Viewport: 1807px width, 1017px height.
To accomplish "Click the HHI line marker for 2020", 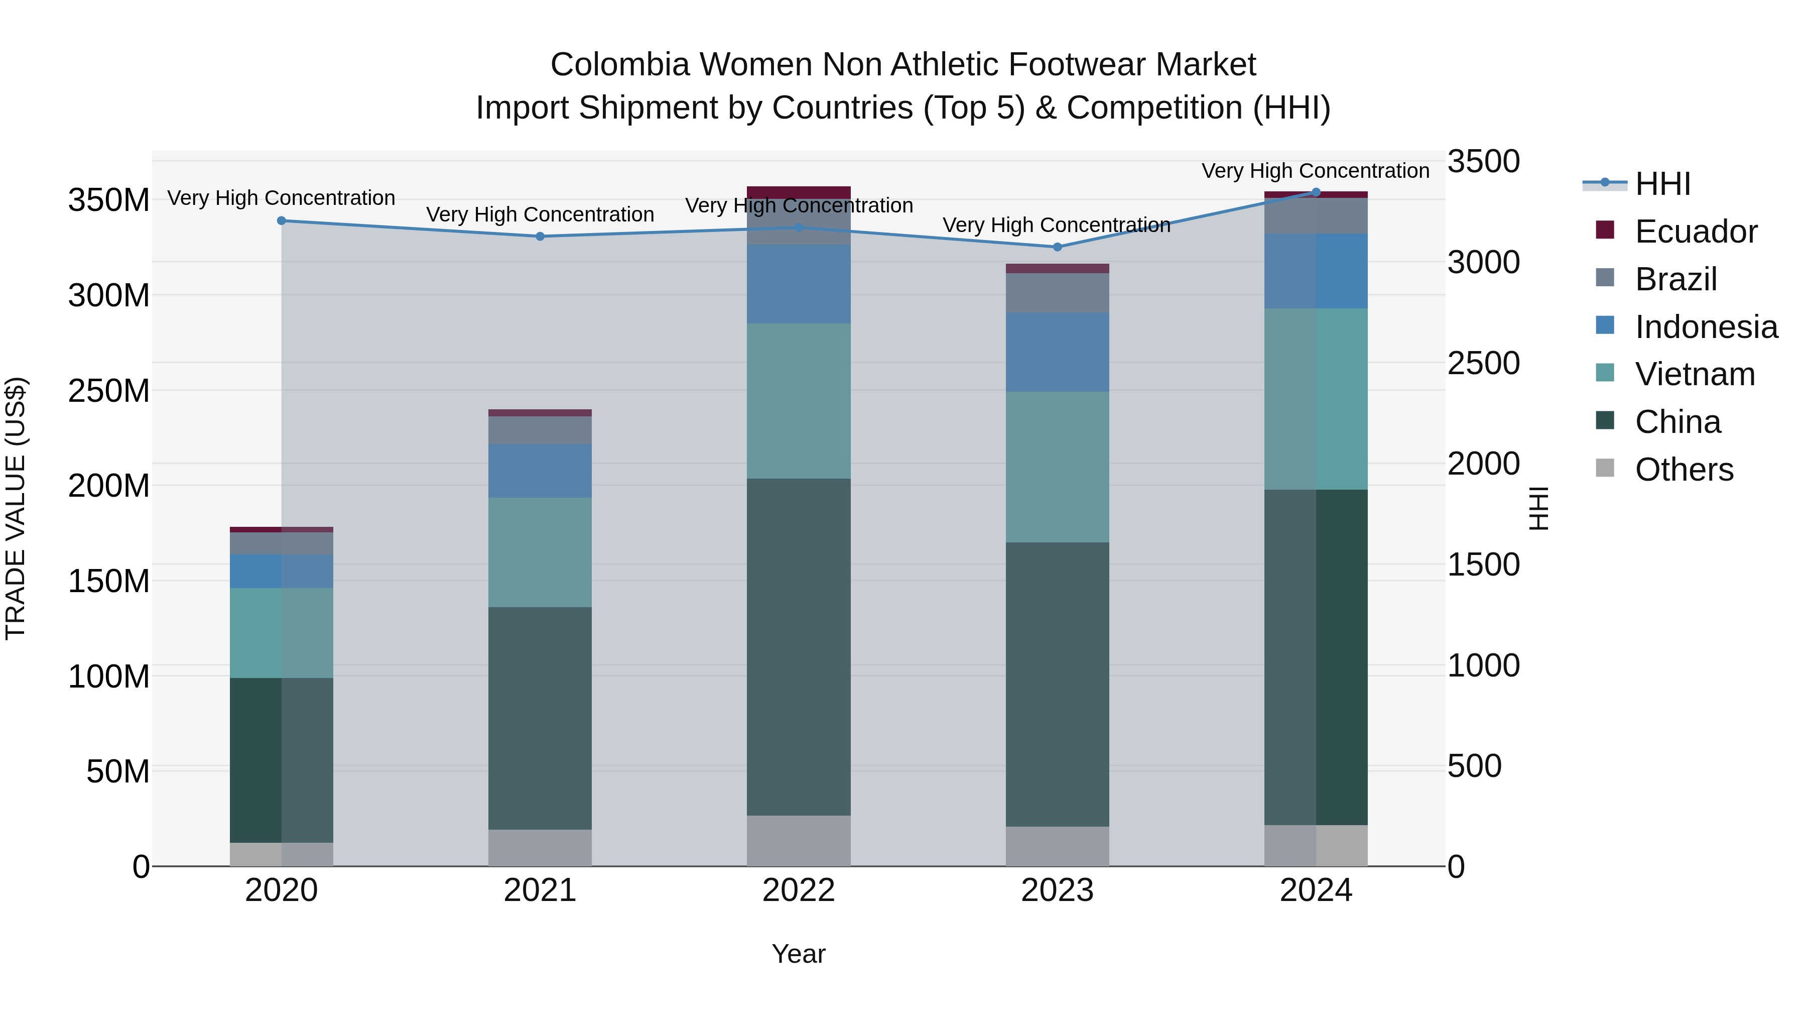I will (x=281, y=220).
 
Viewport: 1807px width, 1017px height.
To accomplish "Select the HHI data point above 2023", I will (x=1057, y=247).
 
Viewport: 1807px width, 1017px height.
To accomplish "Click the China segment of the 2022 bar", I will (x=798, y=646).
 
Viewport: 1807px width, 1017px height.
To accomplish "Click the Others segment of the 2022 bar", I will (x=798, y=840).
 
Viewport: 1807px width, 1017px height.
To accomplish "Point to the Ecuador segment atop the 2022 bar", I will (x=798, y=192).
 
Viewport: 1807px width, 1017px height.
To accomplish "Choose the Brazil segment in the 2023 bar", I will (x=1057, y=293).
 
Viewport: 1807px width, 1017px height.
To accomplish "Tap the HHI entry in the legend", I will (x=1662, y=184).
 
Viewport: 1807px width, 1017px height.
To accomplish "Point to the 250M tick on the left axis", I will (x=109, y=390).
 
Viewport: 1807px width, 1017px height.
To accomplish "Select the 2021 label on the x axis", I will (x=540, y=890).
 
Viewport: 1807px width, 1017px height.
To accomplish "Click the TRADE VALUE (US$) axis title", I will (x=16, y=508).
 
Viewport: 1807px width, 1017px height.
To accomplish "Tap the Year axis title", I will (x=798, y=954).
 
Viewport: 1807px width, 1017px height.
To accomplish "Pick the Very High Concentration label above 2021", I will (x=540, y=214).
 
